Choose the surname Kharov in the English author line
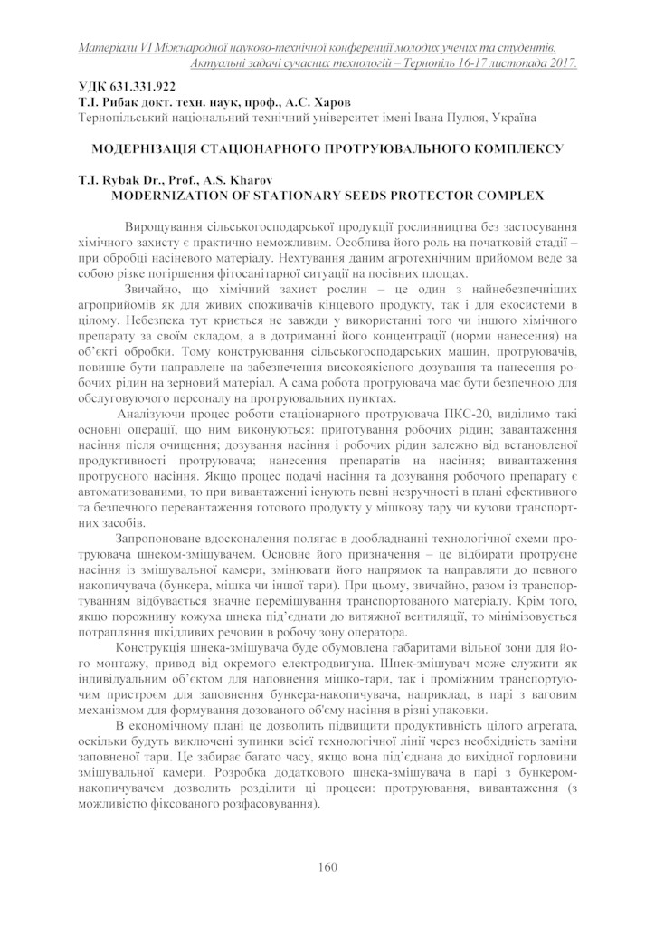point(250,178)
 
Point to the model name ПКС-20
point(472,414)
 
